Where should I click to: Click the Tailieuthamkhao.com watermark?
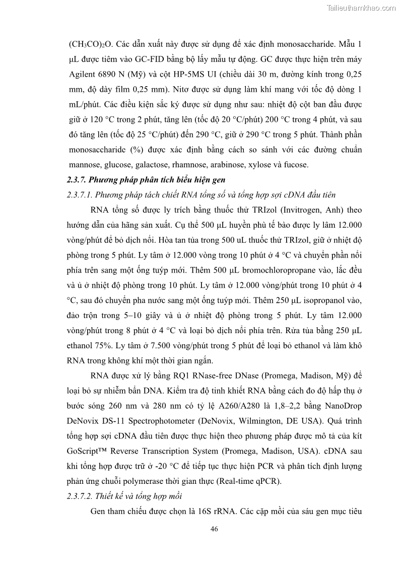[361, 8]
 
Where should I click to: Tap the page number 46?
[214, 529]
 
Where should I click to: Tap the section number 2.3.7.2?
[79, 496]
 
